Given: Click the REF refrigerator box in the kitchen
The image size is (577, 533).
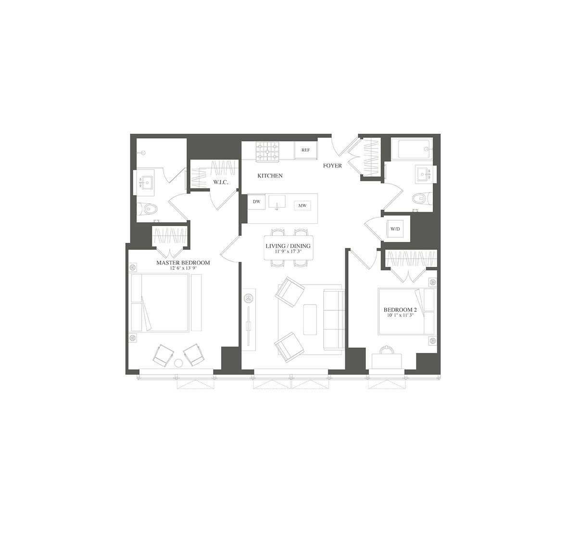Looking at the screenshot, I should pyautogui.click(x=305, y=150).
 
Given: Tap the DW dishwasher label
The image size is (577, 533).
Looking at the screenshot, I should pyautogui.click(x=256, y=202).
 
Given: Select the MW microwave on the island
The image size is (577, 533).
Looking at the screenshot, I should pyautogui.click(x=302, y=206).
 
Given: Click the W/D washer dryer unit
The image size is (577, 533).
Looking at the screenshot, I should pyautogui.click(x=395, y=229).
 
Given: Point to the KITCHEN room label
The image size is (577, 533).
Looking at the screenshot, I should pyautogui.click(x=270, y=176).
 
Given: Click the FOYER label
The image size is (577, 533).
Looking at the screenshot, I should pyautogui.click(x=332, y=166).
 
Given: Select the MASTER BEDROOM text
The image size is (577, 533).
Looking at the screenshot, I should pyautogui.click(x=183, y=263).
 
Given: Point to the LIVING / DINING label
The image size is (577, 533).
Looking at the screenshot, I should pyautogui.click(x=288, y=246).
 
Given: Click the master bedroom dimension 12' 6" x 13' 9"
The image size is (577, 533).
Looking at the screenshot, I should pyautogui.click(x=183, y=269).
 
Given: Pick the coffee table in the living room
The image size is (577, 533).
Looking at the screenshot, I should pyautogui.click(x=310, y=319).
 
